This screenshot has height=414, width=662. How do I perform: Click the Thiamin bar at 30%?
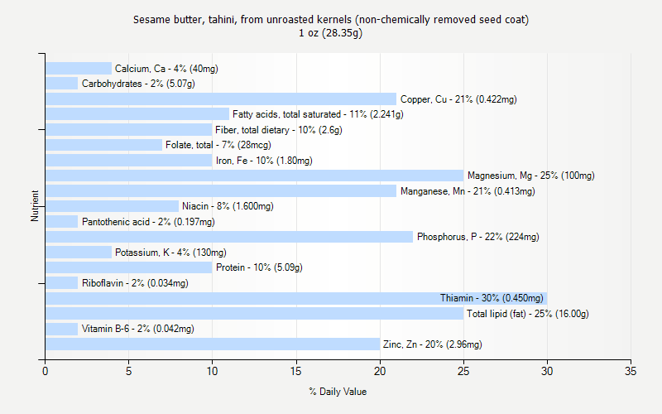(295, 298)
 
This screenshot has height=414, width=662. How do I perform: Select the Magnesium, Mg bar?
(254, 176)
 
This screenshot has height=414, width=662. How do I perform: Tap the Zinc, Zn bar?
(213, 344)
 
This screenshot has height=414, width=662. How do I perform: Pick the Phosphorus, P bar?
(229, 237)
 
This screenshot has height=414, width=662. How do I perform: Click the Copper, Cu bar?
(221, 99)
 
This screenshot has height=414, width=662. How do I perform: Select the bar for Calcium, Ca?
(79, 69)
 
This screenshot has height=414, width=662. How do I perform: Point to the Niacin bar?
(112, 206)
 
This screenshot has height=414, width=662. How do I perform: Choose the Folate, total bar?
(103, 145)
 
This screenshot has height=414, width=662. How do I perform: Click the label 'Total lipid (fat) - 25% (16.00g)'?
(527, 314)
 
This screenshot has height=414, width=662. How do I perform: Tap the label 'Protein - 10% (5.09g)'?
(259, 267)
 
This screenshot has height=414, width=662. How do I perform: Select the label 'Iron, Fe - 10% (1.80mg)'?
(264, 161)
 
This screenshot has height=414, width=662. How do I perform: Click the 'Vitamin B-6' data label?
(138, 329)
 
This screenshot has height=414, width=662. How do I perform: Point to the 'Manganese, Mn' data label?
(468, 191)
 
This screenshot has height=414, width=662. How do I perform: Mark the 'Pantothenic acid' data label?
(148, 222)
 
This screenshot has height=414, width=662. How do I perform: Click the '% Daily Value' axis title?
(338, 392)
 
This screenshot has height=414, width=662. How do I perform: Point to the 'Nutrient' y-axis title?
(36, 206)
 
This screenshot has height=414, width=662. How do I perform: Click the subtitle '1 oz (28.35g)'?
(331, 33)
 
